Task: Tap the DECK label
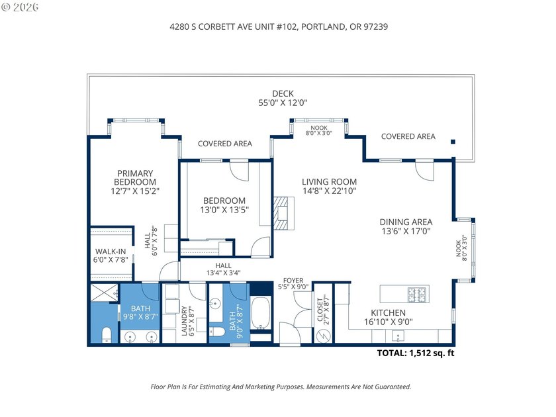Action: point(283,93)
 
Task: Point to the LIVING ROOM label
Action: point(329,181)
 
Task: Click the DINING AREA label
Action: point(406,222)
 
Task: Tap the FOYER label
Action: point(293,281)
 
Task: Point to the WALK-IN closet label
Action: point(111,252)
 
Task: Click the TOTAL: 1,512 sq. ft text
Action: point(416,353)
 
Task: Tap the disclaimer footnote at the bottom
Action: point(281,387)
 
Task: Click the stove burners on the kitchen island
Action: point(418,291)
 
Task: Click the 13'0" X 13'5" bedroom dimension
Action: point(224,210)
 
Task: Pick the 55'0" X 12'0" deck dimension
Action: point(283,103)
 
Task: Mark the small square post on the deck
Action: point(453,141)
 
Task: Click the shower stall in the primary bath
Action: point(103,292)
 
